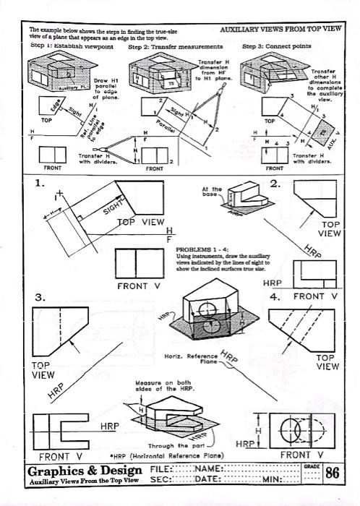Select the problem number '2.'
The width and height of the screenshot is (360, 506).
[x=275, y=184]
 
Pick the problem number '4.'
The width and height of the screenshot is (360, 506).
[x=275, y=297]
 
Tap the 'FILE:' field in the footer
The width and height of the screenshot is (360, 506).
[x=164, y=469]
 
